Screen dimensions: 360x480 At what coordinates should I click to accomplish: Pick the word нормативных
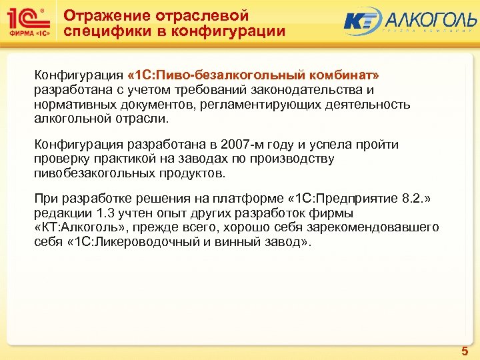click(67, 105)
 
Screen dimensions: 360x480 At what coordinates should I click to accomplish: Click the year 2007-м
click(226, 145)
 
